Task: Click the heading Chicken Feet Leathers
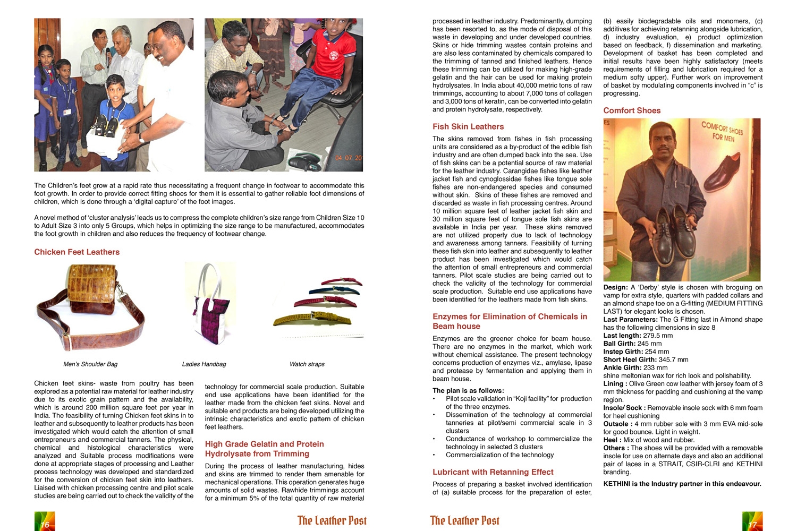point(77,252)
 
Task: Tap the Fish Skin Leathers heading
point(468,126)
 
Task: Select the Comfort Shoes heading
point(632,110)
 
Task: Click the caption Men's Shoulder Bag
point(90,364)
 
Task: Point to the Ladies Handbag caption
point(204,364)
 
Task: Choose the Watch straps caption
point(307,364)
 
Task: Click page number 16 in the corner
point(45,525)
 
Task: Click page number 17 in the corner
point(752,525)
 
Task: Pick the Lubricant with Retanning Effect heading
point(493,472)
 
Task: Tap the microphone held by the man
point(108,56)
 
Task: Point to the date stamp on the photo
point(348,158)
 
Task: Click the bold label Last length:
point(622,336)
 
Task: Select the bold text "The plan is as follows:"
point(468,390)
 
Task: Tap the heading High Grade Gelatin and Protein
point(264,444)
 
